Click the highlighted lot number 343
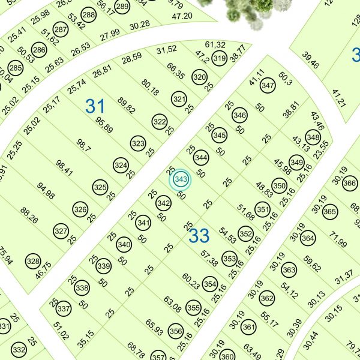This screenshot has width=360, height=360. tap(179, 179)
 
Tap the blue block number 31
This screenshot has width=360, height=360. tap(95, 107)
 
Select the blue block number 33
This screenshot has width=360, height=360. tap(199, 235)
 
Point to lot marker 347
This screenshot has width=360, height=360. tap(268, 86)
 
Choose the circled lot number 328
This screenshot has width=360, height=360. tap(33, 262)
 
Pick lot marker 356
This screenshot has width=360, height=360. tap(176, 330)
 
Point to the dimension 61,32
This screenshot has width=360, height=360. tap(215, 45)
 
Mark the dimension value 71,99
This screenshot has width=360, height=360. tap(338, 243)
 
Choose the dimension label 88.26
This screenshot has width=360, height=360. tap(29, 216)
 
